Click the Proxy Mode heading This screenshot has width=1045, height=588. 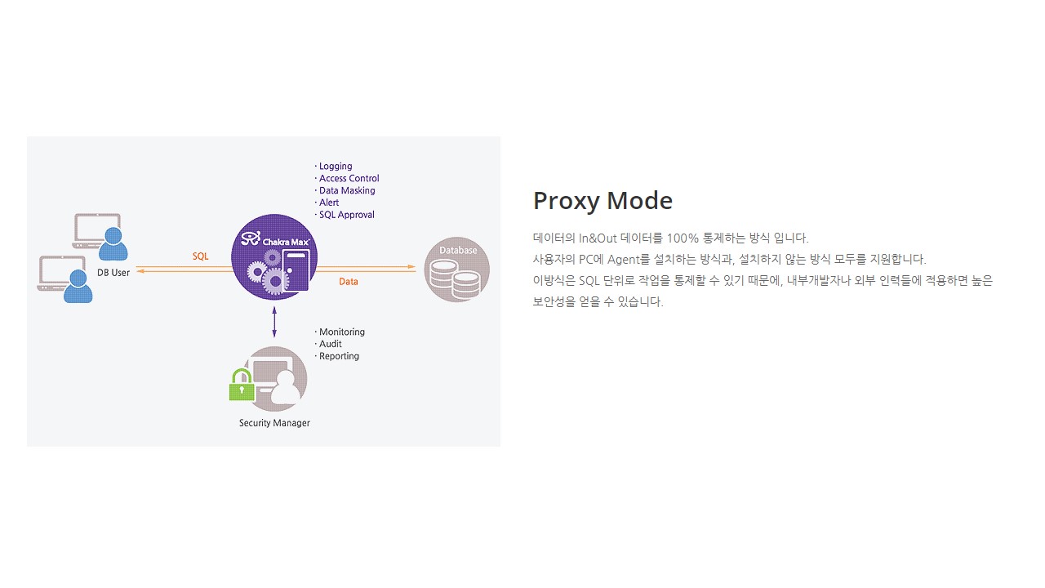pyautogui.click(x=603, y=201)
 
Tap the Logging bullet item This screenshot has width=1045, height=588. pyautogui.click(x=334, y=166)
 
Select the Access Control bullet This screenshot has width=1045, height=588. pyautogui.click(x=348, y=178)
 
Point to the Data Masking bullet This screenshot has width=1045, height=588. pyautogui.click(x=345, y=190)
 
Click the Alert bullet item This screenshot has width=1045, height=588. pyautogui.click(x=327, y=203)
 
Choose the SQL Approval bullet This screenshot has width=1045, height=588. pyautogui.click(x=345, y=215)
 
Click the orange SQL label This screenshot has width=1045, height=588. pyautogui.click(x=201, y=256)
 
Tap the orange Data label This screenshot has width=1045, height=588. pyautogui.click(x=349, y=282)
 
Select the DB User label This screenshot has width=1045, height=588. pyautogui.click(x=113, y=273)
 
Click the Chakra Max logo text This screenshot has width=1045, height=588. pyautogui.click(x=286, y=242)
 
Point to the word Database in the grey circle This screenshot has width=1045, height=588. pyautogui.click(x=458, y=250)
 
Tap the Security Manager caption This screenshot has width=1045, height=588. pyautogui.click(x=274, y=423)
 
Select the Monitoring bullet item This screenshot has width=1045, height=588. pyautogui.click(x=340, y=332)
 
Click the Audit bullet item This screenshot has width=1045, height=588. pyautogui.click(x=329, y=344)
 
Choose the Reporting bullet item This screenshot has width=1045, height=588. pyautogui.click(x=338, y=356)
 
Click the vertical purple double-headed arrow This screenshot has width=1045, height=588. pyautogui.click(x=274, y=322)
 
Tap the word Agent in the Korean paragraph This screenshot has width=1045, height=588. pyautogui.click(x=625, y=260)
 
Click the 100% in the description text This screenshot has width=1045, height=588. pyautogui.click(x=683, y=238)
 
